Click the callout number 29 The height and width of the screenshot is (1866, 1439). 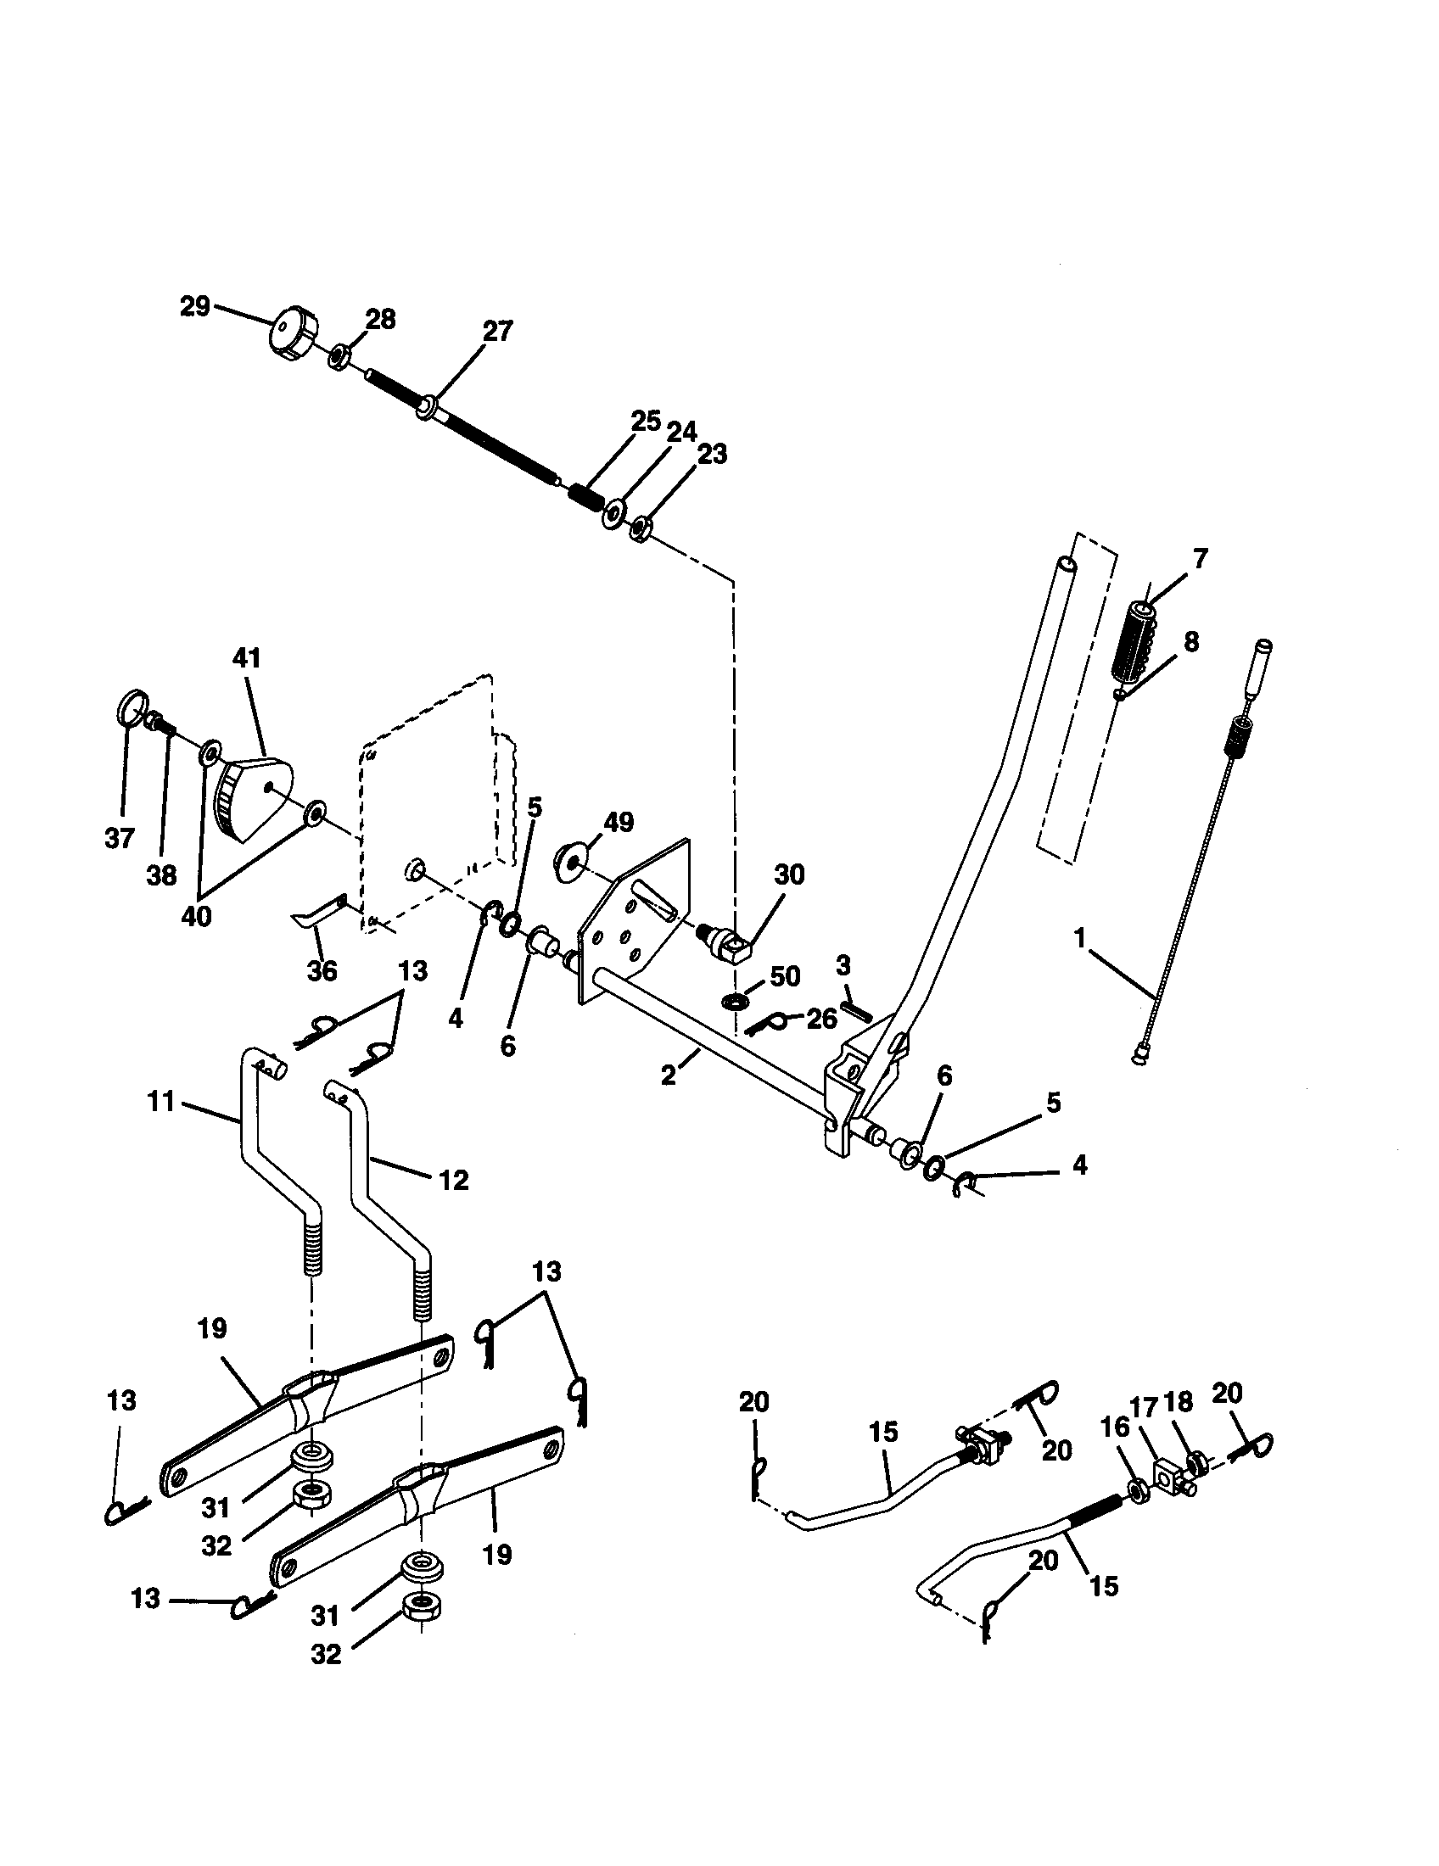[x=195, y=306]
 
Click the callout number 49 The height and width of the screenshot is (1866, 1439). [x=619, y=822]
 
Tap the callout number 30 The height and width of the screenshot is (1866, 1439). [x=789, y=875]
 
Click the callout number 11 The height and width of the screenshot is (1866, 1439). [x=160, y=1102]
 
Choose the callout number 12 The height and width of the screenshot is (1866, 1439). [x=453, y=1181]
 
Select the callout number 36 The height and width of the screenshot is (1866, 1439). [x=322, y=970]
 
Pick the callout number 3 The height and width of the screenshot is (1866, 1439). [x=843, y=966]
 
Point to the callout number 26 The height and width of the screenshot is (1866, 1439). [x=821, y=1019]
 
